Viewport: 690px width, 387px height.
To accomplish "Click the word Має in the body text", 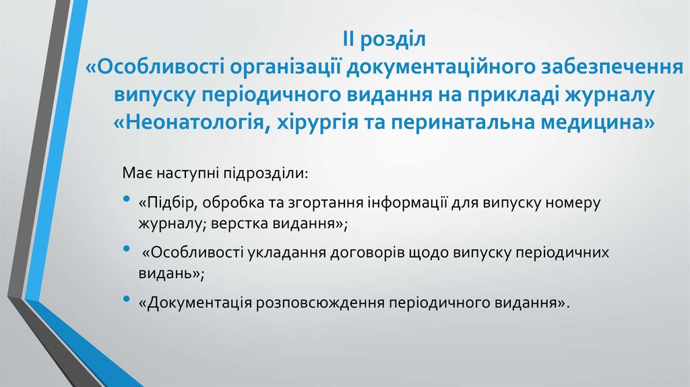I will tap(135, 173).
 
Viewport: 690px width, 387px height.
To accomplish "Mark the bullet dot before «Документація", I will tap(127, 299).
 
